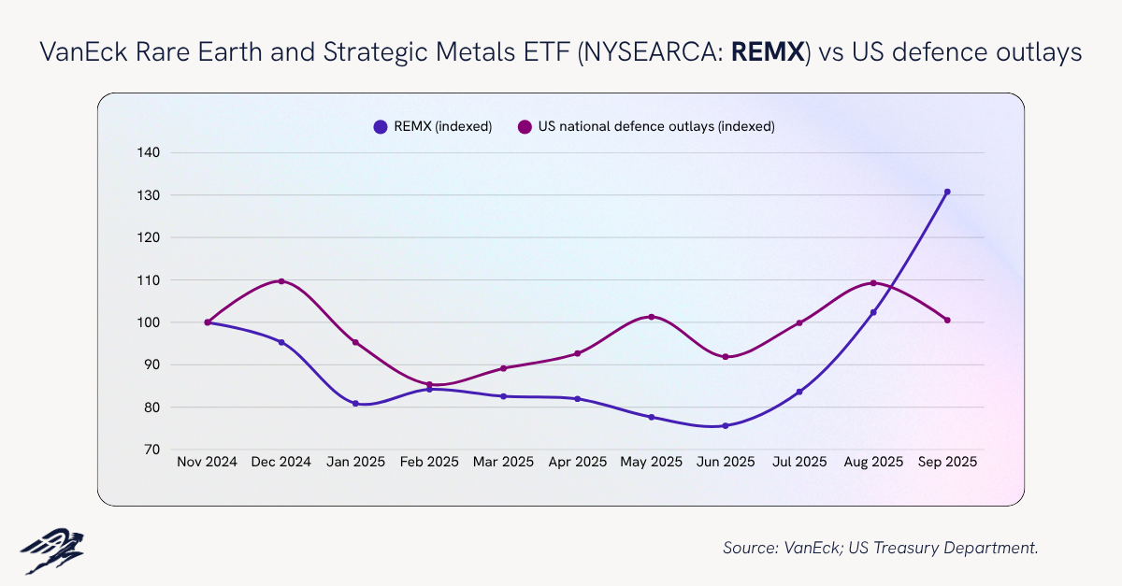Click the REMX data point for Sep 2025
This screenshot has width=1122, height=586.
[x=947, y=192]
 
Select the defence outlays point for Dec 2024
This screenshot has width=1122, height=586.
[x=281, y=281]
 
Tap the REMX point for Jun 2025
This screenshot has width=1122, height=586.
[x=726, y=425]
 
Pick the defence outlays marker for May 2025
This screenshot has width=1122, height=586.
[x=652, y=317]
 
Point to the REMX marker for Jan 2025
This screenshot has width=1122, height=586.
[x=355, y=404]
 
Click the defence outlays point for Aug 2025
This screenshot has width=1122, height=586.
[x=873, y=283]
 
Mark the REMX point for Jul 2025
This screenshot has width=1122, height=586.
[x=799, y=392]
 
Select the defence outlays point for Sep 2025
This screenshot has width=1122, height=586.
[x=947, y=321]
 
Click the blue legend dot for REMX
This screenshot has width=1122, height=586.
[x=380, y=126]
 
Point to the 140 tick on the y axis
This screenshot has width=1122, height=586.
[x=149, y=152]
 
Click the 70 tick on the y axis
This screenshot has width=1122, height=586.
[x=152, y=450]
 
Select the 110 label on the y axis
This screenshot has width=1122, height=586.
[x=149, y=279]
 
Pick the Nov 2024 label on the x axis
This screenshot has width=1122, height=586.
[x=207, y=462]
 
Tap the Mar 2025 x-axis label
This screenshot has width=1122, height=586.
[x=503, y=462]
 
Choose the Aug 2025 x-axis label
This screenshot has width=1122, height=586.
[x=873, y=462]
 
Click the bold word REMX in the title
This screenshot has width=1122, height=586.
[x=768, y=53]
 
